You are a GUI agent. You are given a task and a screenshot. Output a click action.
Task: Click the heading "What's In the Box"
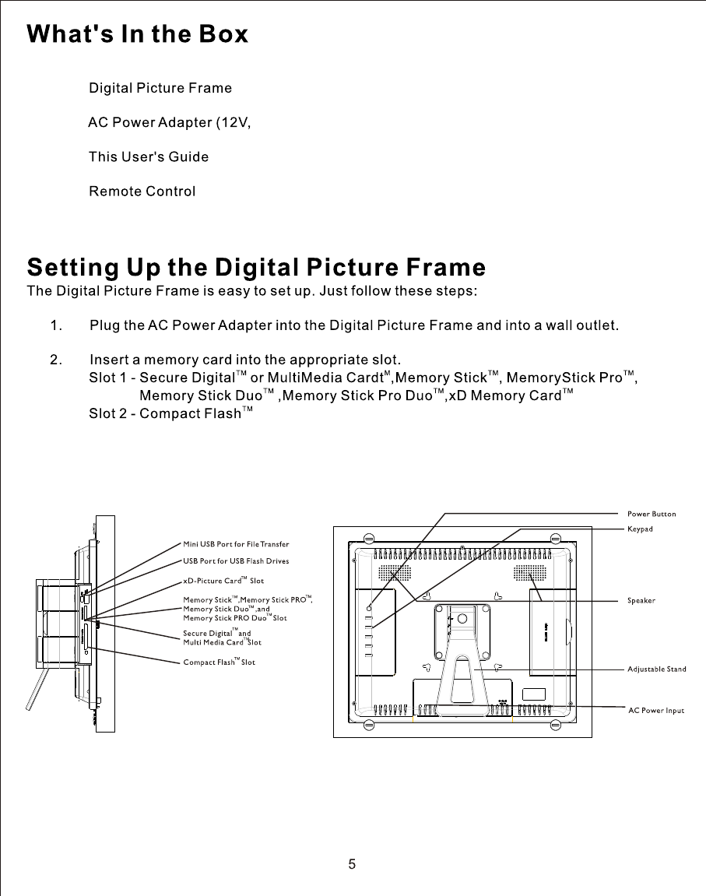[x=138, y=35]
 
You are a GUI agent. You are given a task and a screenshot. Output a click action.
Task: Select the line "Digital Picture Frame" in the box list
[x=160, y=88]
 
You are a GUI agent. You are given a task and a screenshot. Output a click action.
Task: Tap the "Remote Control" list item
[x=142, y=191]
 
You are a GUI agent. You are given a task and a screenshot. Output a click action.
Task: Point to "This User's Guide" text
[x=148, y=157]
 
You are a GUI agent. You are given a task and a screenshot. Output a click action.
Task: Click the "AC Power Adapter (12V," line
[x=169, y=123]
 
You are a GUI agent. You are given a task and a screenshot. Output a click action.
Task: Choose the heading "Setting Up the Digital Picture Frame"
[x=256, y=268]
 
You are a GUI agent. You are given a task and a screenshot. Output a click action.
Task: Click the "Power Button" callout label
[x=652, y=514]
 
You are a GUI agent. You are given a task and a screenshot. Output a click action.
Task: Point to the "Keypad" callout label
[x=640, y=529]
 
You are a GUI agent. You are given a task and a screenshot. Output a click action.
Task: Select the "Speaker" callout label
[x=641, y=601]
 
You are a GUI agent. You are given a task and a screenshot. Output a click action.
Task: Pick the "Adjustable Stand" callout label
[x=657, y=669]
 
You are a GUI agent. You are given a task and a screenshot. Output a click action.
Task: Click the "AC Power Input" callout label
[x=655, y=711]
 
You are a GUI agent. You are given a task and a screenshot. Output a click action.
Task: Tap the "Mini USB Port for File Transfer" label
[x=237, y=543]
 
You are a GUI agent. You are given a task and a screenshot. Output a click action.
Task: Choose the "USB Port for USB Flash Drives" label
[x=236, y=561]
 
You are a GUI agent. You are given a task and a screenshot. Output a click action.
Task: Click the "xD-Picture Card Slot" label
[x=223, y=581]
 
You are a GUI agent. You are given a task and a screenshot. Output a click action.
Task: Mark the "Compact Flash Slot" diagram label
[x=219, y=662]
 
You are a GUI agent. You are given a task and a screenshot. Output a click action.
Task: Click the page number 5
[x=353, y=864]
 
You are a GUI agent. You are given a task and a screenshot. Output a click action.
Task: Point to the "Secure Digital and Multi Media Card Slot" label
[x=222, y=638]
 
